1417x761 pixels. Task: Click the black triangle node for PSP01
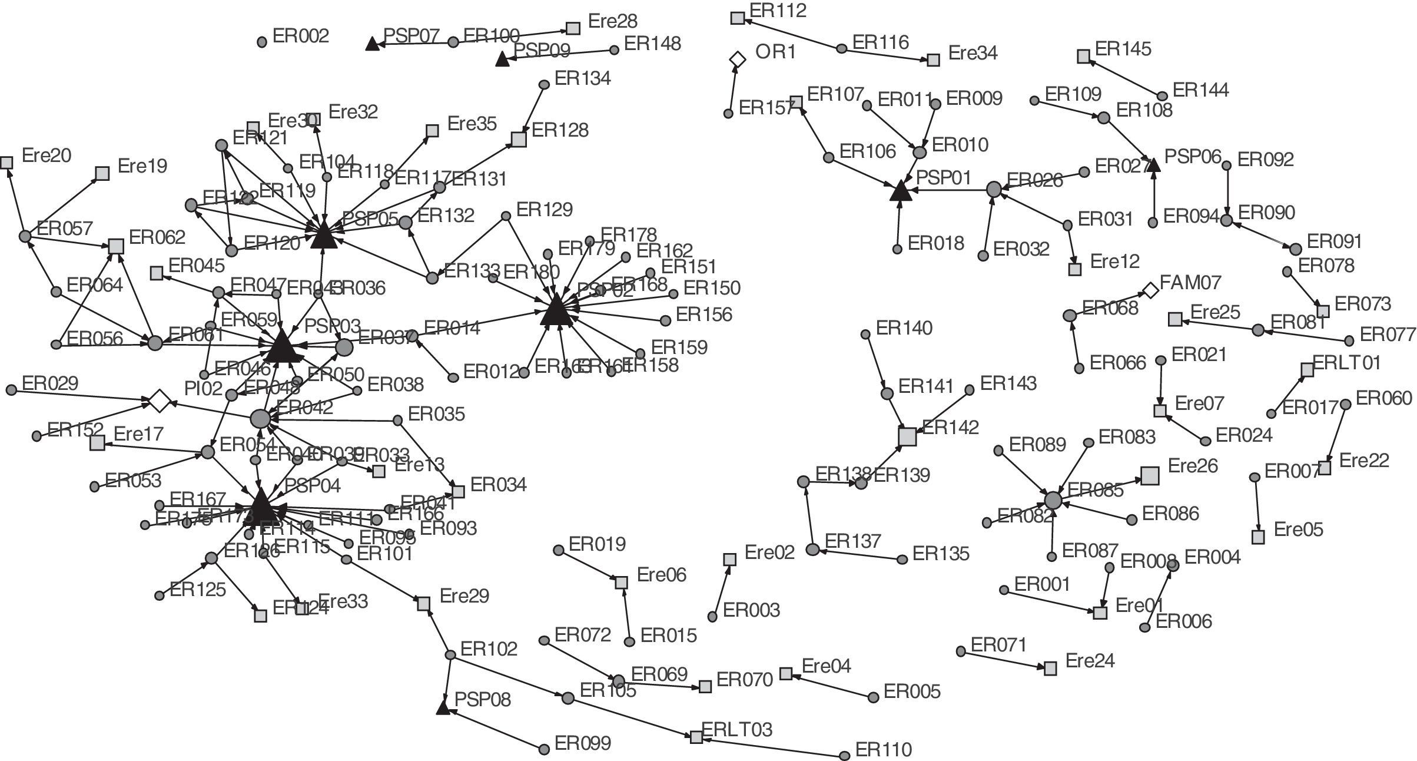pyautogui.click(x=900, y=192)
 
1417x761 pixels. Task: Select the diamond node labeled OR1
pyautogui.click(x=737, y=59)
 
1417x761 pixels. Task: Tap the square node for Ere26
pyautogui.click(x=1150, y=475)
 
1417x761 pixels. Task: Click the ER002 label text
pyautogui.click(x=301, y=37)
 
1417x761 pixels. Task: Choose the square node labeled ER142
pyautogui.click(x=908, y=436)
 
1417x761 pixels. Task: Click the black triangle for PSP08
pyautogui.click(x=443, y=707)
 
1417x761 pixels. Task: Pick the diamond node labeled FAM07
pyautogui.click(x=1150, y=290)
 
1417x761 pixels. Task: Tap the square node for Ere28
pyautogui.click(x=573, y=28)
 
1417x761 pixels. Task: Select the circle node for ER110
pyautogui.click(x=844, y=755)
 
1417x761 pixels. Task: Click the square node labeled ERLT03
pyautogui.click(x=696, y=737)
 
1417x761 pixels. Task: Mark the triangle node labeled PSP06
pyautogui.click(x=1154, y=164)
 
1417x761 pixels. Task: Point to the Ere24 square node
pyautogui.click(x=1050, y=668)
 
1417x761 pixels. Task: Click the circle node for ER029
pyautogui.click(x=11, y=390)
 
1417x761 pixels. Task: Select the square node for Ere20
pyautogui.click(x=6, y=163)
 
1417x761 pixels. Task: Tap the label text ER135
pyautogui.click(x=940, y=554)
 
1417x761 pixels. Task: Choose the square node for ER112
pyautogui.click(x=737, y=18)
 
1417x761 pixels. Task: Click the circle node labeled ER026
pyautogui.click(x=994, y=189)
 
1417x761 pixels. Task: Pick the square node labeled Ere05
pyautogui.click(x=1257, y=537)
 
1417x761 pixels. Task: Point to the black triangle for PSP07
pyautogui.click(x=372, y=44)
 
